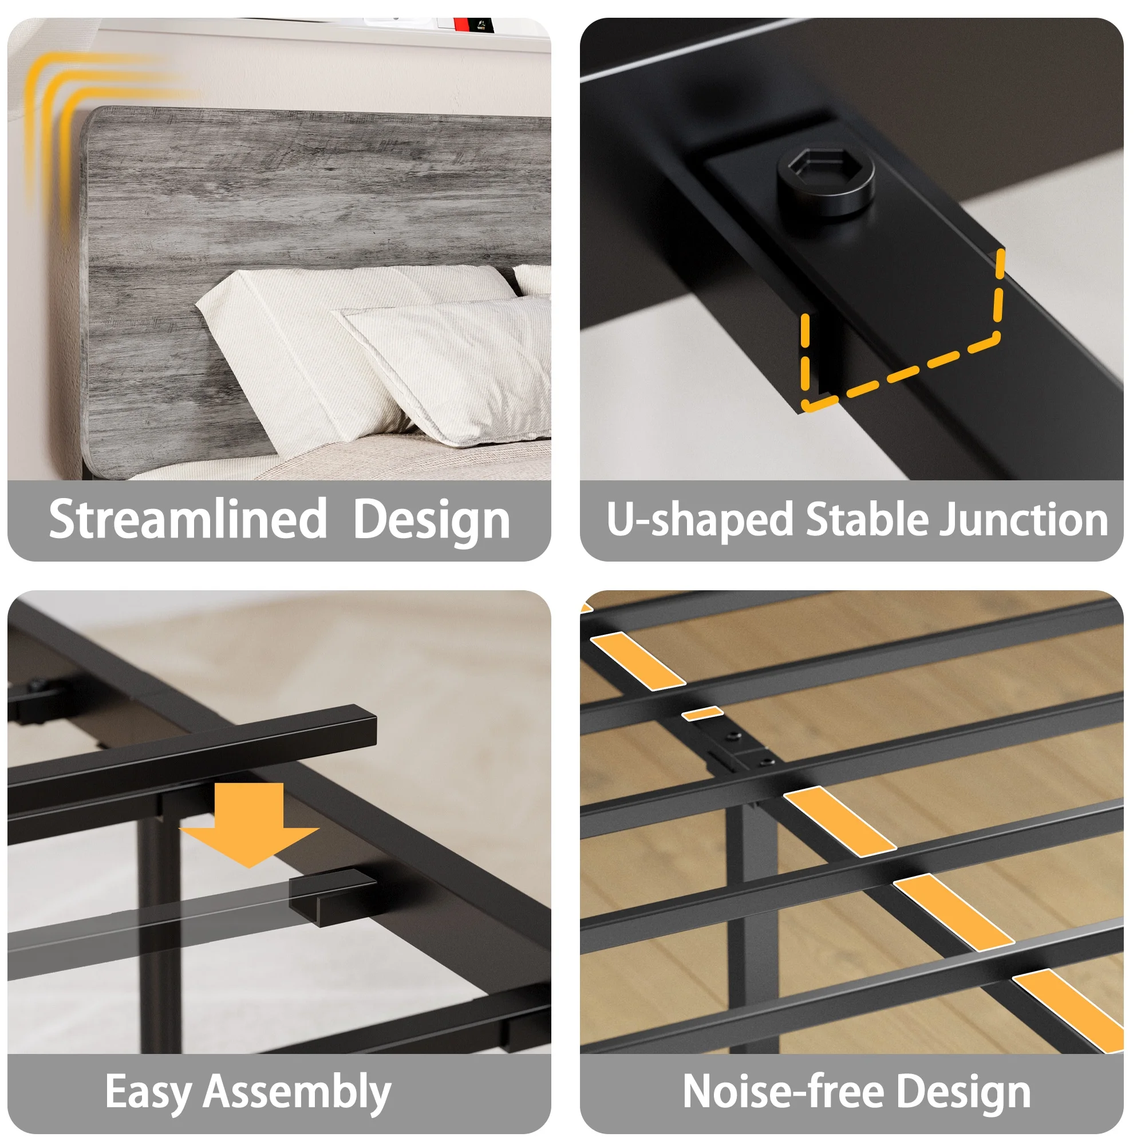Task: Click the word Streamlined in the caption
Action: coord(188,519)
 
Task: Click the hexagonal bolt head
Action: coord(826,181)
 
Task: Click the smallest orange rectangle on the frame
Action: coord(703,713)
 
